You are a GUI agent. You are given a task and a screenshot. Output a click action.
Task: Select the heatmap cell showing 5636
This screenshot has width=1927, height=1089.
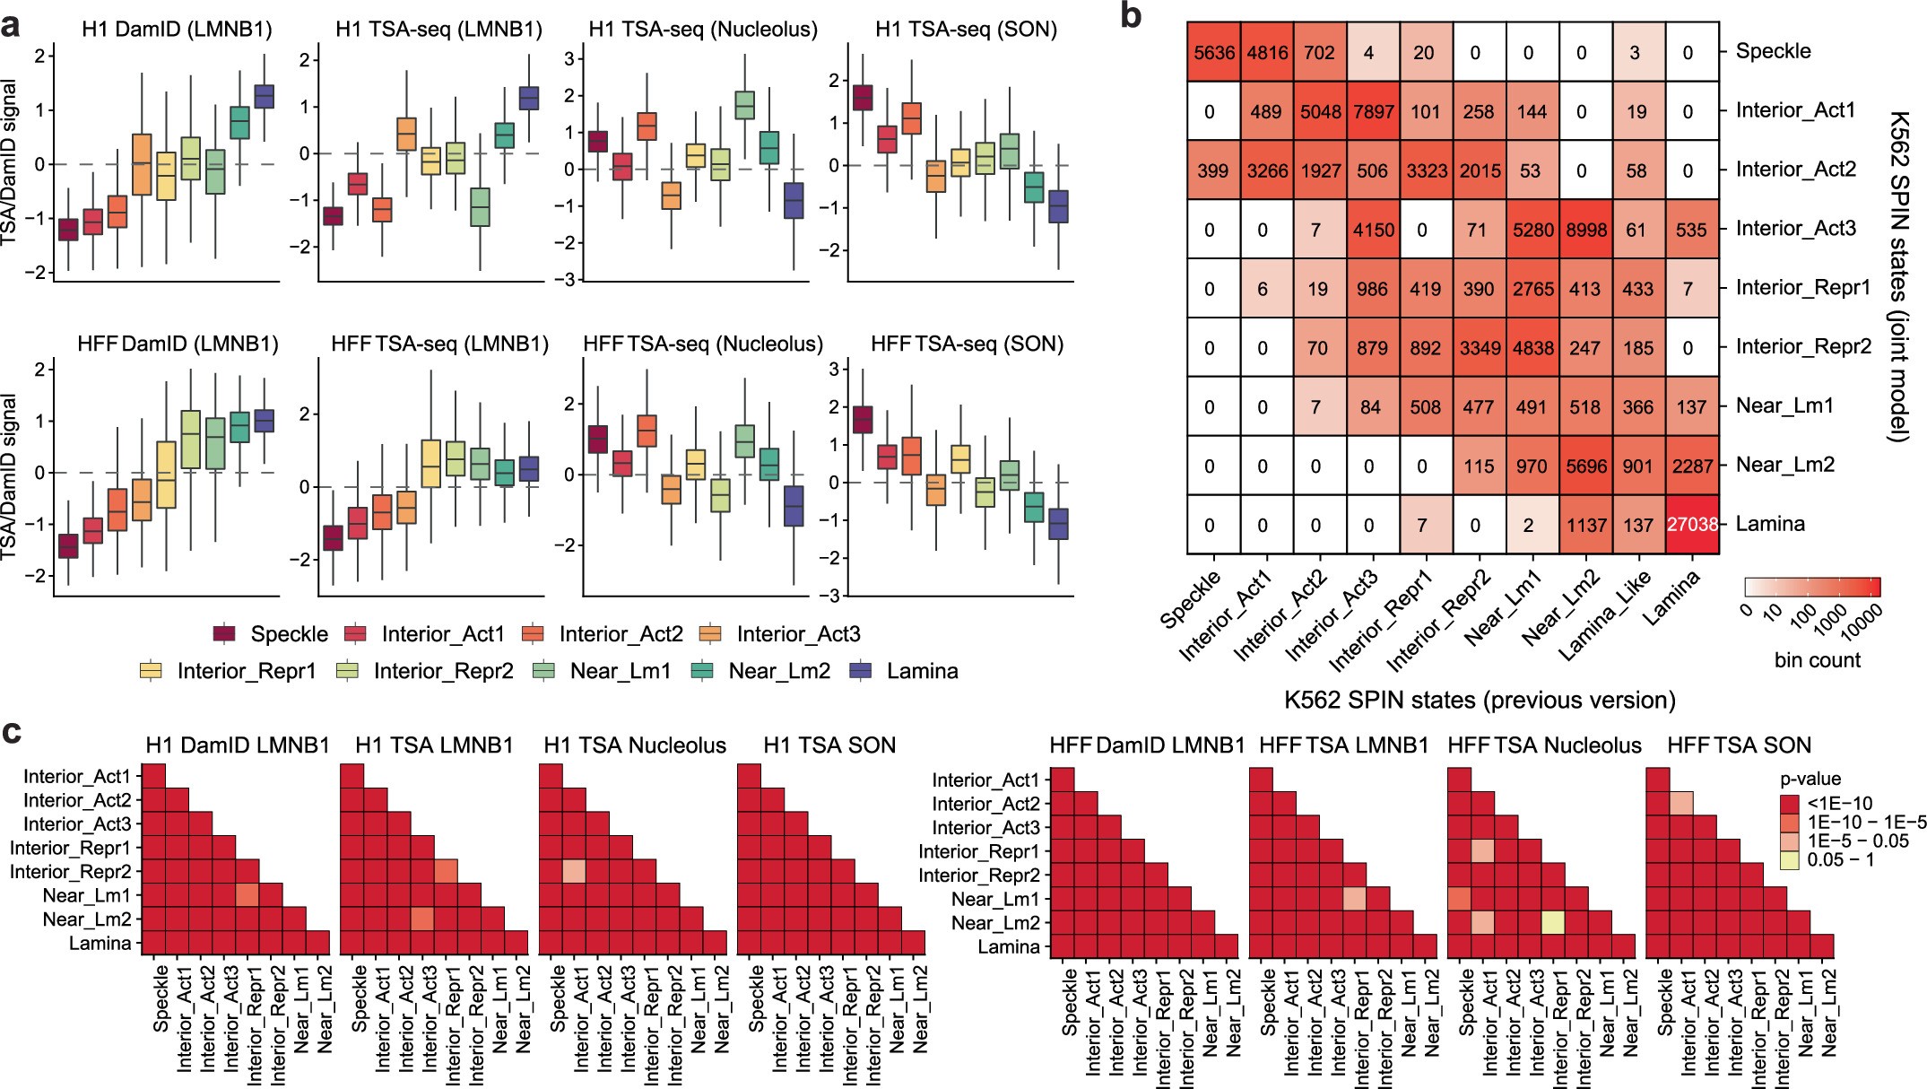tap(1214, 52)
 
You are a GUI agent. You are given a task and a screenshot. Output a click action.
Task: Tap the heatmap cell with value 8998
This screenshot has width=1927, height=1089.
tap(1585, 229)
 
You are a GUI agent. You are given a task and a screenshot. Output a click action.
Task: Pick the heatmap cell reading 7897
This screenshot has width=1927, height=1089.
tap(1372, 111)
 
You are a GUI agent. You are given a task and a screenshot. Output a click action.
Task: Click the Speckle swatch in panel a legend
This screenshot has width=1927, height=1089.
tap(224, 634)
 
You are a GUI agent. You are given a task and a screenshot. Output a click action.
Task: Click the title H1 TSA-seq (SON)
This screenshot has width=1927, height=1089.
tap(966, 29)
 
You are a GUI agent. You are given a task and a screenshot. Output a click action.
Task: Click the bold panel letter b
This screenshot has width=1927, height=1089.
tap(1132, 15)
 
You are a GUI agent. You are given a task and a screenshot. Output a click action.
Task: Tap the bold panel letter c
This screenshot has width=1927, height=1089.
tap(13, 733)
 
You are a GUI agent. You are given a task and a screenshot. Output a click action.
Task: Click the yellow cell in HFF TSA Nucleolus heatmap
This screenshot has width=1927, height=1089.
tap(1553, 922)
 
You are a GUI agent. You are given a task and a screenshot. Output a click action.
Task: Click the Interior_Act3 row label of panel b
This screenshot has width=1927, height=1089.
tap(1796, 229)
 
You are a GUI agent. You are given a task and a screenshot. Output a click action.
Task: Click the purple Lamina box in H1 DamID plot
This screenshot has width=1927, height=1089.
tap(264, 96)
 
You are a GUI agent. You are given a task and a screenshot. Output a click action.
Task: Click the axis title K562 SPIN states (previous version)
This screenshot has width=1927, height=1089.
tap(1479, 701)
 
